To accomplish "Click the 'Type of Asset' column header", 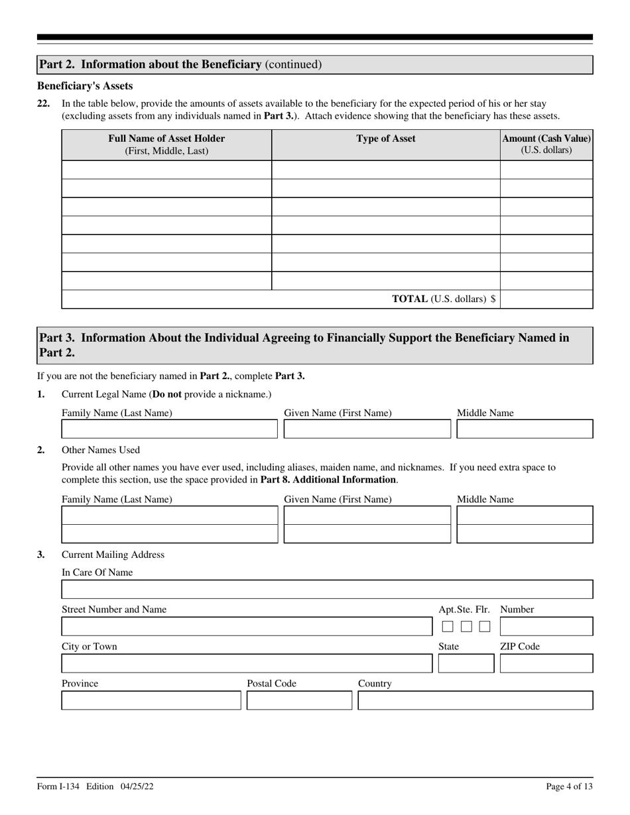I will (386, 138).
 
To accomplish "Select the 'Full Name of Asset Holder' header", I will (166, 144).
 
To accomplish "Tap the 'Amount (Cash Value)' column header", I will (546, 144).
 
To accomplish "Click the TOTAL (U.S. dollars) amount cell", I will (546, 299).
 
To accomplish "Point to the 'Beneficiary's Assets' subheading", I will (85, 86).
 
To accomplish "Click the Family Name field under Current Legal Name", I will (169, 429).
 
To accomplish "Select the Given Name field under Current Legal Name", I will (367, 429).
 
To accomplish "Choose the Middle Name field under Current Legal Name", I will (525, 429).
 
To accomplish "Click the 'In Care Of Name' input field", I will (327, 590).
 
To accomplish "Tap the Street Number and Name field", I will (245, 627).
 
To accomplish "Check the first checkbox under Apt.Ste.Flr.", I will (448, 627).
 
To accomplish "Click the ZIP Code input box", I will (546, 664).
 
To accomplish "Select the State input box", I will (466, 664).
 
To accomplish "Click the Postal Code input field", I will (299, 701).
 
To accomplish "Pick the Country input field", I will (475, 701).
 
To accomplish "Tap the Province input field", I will (151, 701).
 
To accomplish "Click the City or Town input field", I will (245, 664).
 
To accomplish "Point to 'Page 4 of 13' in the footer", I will (569, 787).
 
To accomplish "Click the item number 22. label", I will (44, 103).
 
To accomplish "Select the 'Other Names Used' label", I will (101, 450).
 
